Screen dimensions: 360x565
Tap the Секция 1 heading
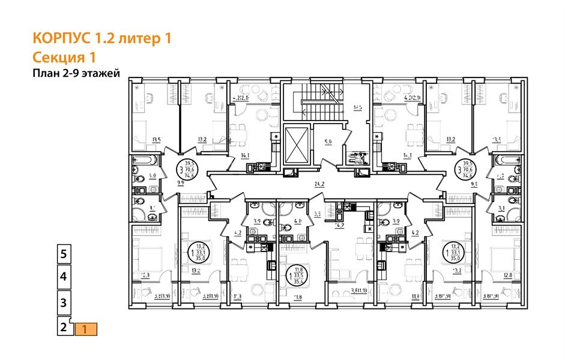coord(64,57)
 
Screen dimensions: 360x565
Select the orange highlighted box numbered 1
coord(85,329)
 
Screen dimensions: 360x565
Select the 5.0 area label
coord(328,142)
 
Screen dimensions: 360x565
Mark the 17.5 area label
coord(357,108)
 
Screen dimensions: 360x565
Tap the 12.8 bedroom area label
coord(507,275)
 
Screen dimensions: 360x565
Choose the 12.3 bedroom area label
coord(145,275)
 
